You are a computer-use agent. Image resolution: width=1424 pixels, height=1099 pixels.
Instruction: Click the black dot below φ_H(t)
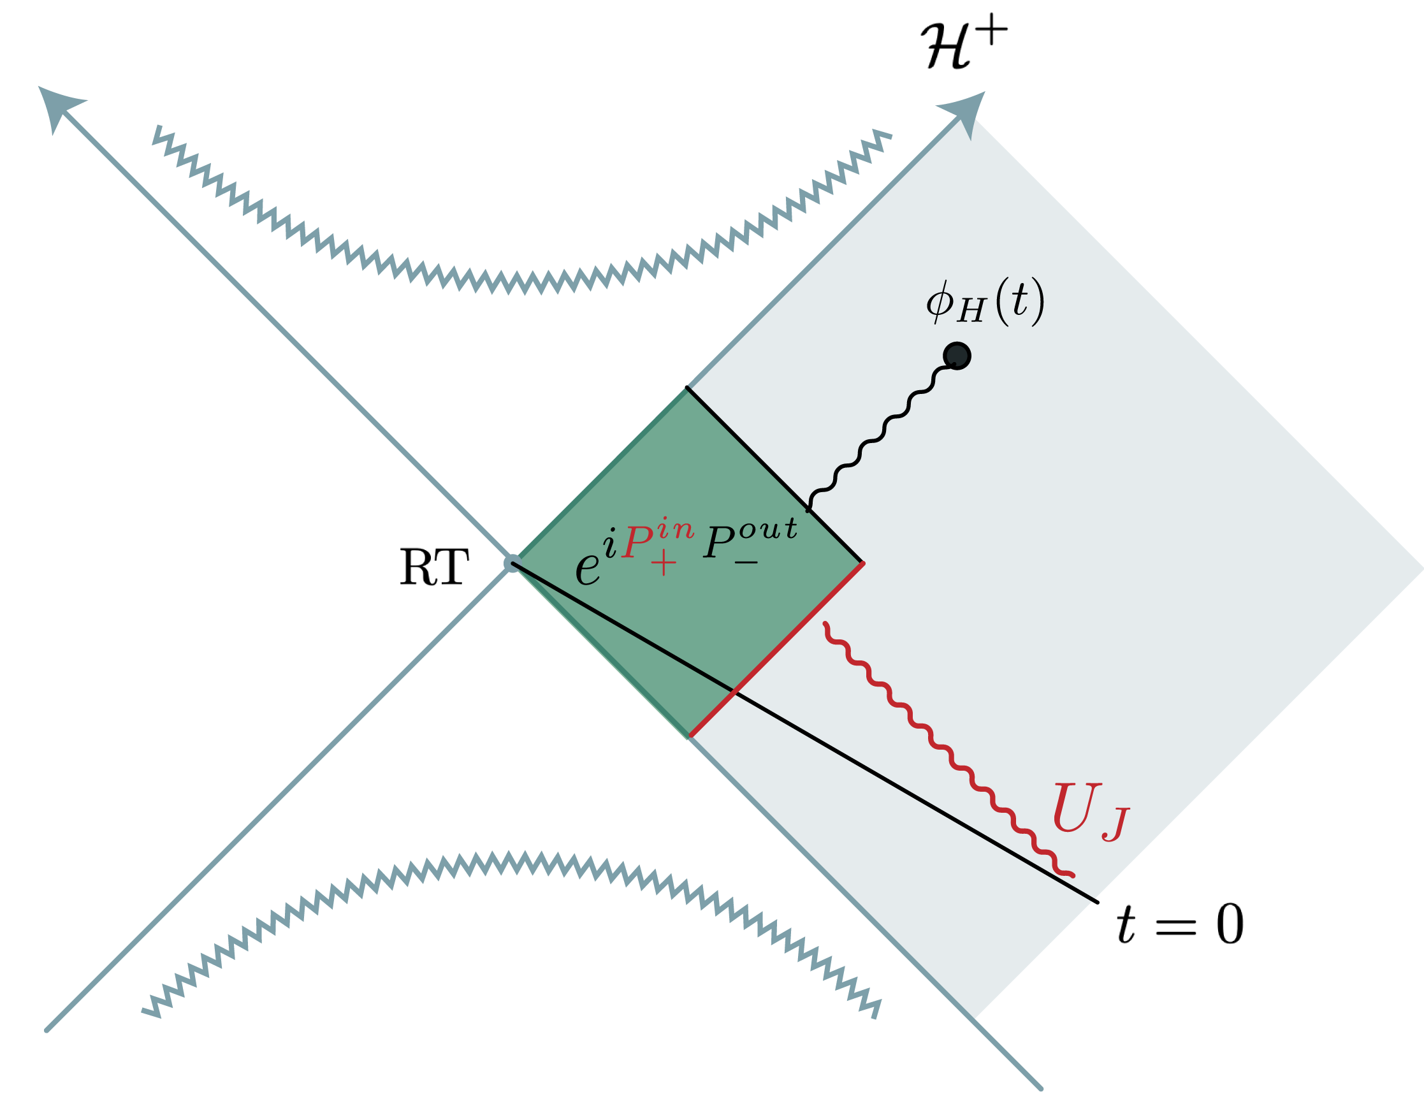pyautogui.click(x=957, y=356)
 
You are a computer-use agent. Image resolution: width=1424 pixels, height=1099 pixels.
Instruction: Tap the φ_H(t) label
pyautogui.click(x=985, y=303)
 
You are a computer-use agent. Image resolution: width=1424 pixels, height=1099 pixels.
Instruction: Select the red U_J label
pyautogui.click(x=1089, y=812)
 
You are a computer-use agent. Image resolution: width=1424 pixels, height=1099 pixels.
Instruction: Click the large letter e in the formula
pyautogui.click(x=588, y=568)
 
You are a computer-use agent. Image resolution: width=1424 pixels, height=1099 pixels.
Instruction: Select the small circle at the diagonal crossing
pyautogui.click(x=513, y=563)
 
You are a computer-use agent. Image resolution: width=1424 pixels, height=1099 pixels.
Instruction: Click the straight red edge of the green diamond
pyautogui.click(x=776, y=650)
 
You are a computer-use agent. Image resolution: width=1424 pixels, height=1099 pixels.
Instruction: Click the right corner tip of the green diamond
pyautogui.click(x=862, y=562)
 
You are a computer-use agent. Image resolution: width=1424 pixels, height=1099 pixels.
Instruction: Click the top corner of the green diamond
pyautogui.click(x=686, y=389)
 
